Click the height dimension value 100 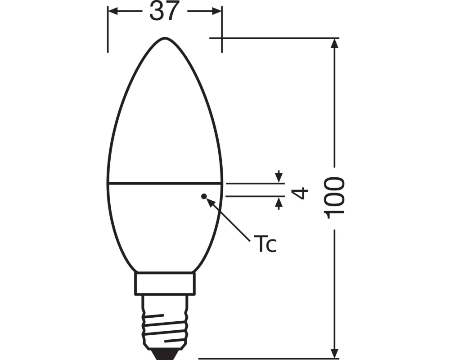tap(335, 198)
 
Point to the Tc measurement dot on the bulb tap(203, 196)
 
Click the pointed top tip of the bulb tap(165, 38)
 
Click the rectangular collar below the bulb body tap(165, 283)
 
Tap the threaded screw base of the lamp tap(165, 322)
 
